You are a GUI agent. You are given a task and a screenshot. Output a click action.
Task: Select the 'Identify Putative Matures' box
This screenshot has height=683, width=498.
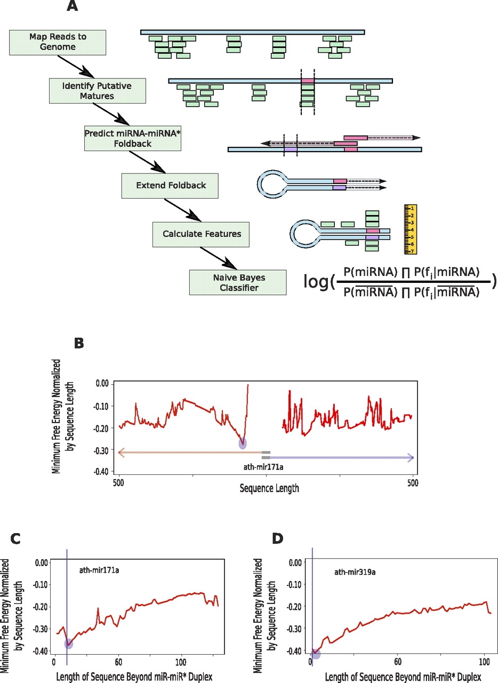[x=97, y=90]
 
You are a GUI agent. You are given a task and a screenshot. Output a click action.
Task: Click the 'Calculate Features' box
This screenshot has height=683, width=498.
[x=200, y=234]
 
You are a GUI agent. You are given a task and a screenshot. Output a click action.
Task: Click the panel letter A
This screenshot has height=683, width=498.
[x=73, y=7]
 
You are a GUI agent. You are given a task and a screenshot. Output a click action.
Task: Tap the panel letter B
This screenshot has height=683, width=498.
[x=79, y=343]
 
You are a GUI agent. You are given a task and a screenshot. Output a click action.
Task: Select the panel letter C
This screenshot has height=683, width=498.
[x=16, y=539]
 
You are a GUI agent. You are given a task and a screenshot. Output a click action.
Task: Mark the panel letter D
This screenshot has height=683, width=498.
[x=278, y=539]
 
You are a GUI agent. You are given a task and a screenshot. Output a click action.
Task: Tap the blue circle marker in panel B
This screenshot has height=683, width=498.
[x=243, y=443]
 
